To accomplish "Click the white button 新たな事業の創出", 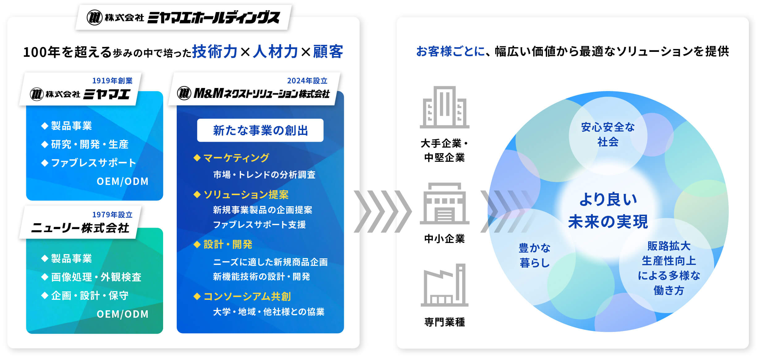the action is [260, 130].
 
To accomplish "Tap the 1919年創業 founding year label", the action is [112, 81].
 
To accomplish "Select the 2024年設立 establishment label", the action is [307, 81].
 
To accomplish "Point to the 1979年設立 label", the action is [112, 215].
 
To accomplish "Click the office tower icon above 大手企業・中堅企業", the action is [444, 107].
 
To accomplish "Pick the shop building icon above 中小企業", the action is [444, 203].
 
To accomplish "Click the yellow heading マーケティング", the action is [236, 158].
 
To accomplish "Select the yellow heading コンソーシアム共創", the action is [247, 296].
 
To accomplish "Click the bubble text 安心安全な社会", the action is [608, 134].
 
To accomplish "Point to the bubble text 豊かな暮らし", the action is [535, 255].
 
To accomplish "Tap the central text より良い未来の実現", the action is [608, 210].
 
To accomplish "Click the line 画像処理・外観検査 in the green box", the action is [96, 277].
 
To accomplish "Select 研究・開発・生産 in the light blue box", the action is [90, 144].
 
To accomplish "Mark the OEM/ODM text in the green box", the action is [123, 314].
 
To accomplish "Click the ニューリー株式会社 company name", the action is [80, 228].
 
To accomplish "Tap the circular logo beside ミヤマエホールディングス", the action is [94, 17].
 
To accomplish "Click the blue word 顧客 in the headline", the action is [328, 52].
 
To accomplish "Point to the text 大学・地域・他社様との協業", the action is [269, 312].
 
